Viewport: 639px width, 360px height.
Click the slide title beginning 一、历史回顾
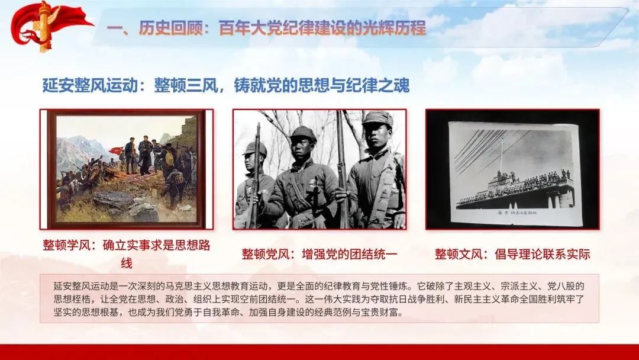coord(266,28)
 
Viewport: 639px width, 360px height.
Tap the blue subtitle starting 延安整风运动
coord(226,86)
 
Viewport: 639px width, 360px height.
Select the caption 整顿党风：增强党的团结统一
coord(319,254)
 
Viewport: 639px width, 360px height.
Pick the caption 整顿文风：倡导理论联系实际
coord(512,254)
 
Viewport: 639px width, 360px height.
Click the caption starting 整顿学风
coord(127,253)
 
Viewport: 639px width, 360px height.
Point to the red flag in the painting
coord(117,150)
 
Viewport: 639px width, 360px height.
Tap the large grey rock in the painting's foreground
coord(114,200)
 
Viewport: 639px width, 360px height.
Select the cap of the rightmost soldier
coord(377,118)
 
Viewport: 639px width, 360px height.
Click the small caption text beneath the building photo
coord(517,213)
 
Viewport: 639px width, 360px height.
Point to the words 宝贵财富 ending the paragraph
coord(384,313)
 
